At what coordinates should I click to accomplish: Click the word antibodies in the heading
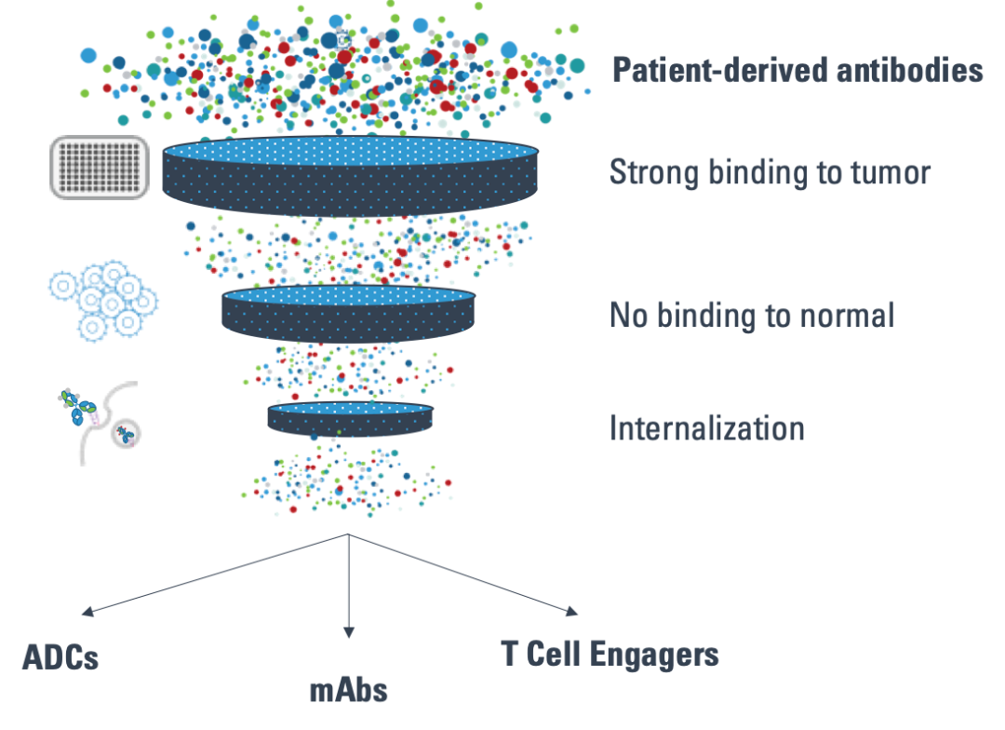click(915, 71)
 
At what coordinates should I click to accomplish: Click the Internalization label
click(706, 427)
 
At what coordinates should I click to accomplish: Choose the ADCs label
click(60, 657)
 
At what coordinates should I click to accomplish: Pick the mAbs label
click(348, 691)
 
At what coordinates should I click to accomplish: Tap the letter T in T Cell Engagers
click(510, 654)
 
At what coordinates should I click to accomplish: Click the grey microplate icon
click(99, 167)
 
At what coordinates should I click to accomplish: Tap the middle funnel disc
click(348, 315)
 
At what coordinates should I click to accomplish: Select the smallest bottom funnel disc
click(350, 418)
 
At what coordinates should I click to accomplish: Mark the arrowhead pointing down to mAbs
click(349, 632)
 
